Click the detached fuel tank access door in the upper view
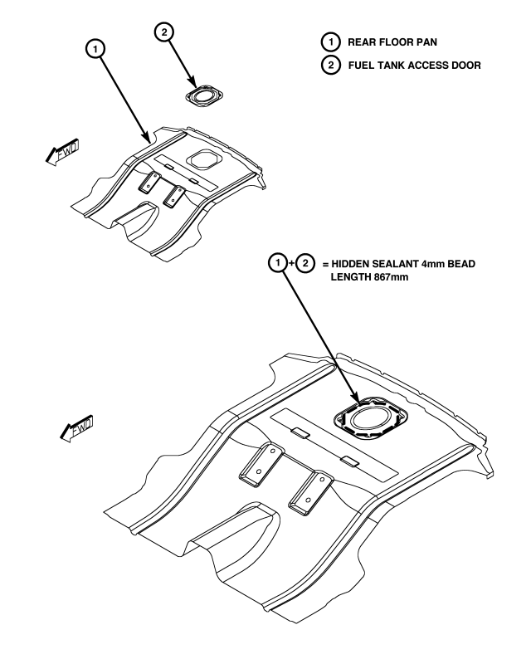tap(202, 95)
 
